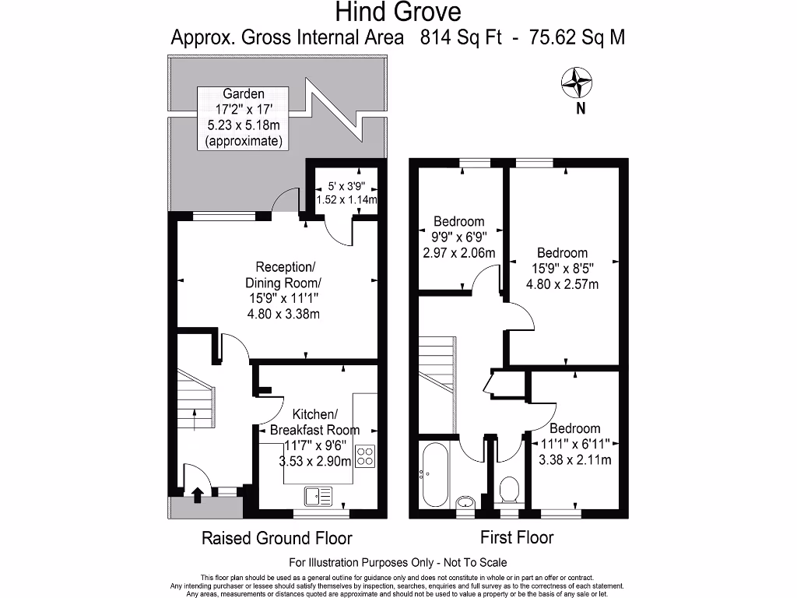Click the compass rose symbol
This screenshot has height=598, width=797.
point(577,83)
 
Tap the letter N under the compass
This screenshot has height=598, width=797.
point(581,107)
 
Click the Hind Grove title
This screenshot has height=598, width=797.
point(398,12)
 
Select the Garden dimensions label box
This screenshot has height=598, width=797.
point(243,118)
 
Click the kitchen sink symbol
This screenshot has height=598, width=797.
point(318,496)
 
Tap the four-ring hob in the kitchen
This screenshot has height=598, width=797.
point(365,456)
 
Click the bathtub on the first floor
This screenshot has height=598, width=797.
point(434,474)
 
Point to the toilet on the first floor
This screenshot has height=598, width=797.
point(509,491)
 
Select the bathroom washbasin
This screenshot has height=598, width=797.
point(465,502)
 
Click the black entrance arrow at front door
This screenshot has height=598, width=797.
point(198,494)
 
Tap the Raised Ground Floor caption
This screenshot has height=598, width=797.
point(277,538)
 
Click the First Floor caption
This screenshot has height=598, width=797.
point(517,537)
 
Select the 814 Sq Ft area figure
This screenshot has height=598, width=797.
point(461,37)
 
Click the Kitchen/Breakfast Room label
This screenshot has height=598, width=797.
point(314,422)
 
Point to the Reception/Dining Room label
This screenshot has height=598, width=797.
point(283,275)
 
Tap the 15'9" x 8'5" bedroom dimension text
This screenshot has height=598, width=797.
point(563,269)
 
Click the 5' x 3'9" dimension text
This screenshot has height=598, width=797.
point(346,186)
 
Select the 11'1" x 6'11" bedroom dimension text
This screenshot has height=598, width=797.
point(575,444)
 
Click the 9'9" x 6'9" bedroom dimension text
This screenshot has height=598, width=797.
point(459,237)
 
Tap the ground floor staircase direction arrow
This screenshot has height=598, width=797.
point(195,419)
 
